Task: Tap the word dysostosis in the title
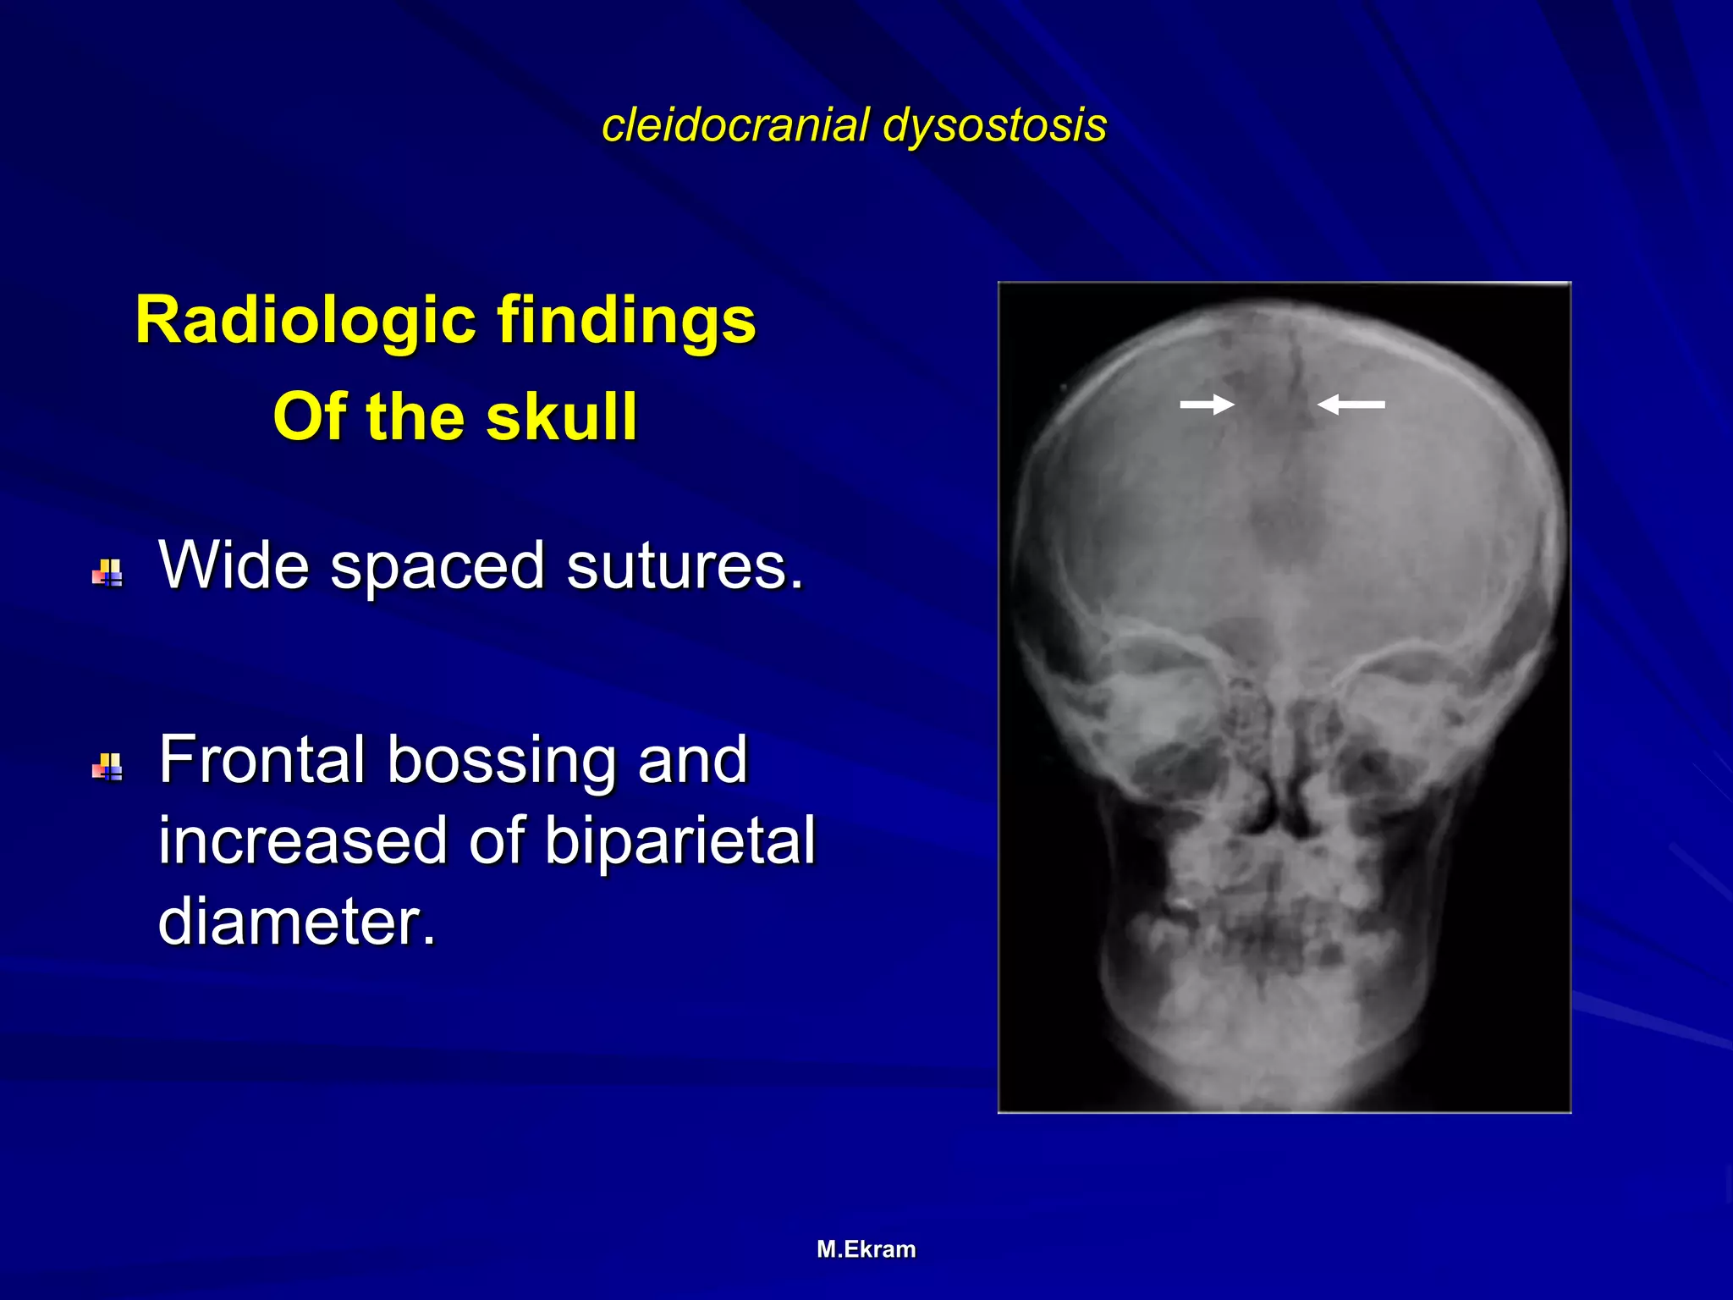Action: click(994, 125)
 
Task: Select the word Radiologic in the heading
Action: click(305, 321)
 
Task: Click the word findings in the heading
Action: click(626, 321)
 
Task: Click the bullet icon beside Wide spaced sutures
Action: click(107, 573)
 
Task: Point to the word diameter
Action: click(296, 920)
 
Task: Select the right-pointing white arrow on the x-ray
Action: click(1207, 405)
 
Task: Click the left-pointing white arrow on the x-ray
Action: click(1351, 405)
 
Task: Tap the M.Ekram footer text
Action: click(866, 1249)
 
